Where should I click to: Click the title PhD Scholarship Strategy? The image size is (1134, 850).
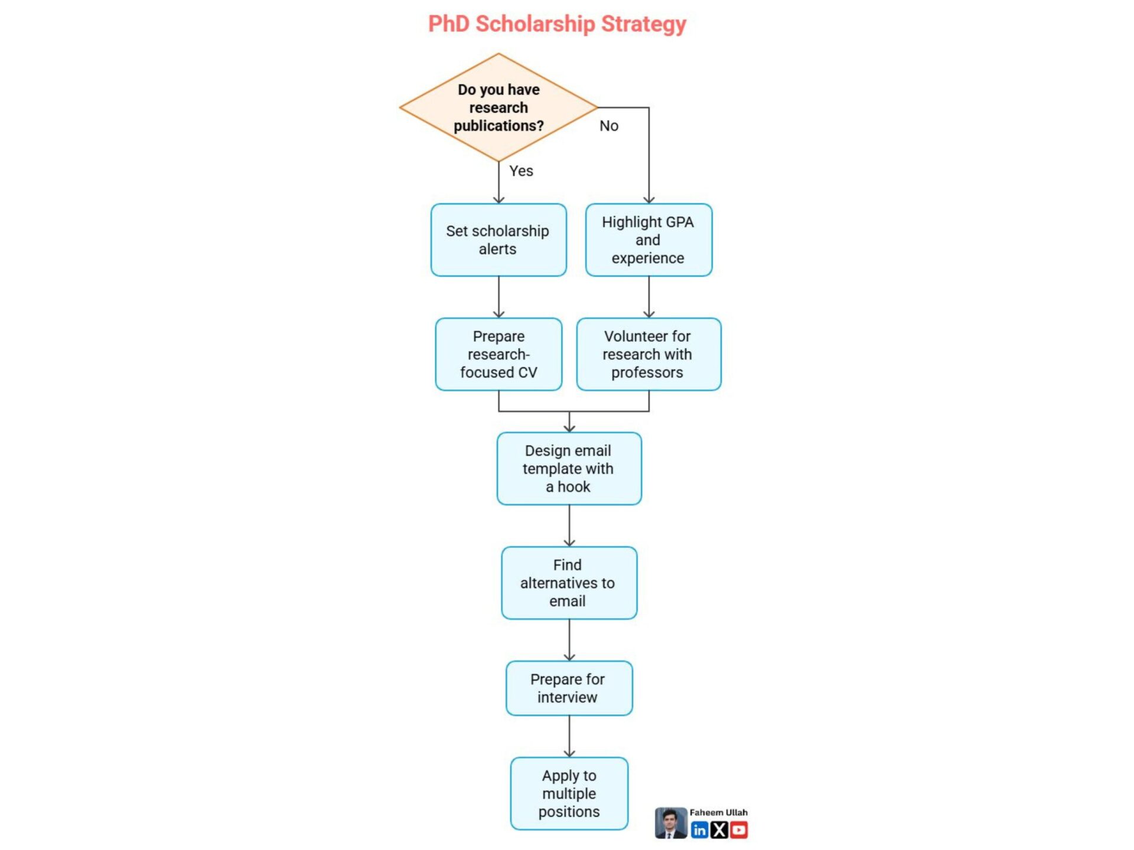(x=557, y=24)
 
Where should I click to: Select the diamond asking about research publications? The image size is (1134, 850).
(x=498, y=107)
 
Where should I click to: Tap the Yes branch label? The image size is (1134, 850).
(x=521, y=171)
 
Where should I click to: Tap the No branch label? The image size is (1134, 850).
(x=608, y=126)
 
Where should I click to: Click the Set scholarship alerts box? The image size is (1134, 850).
(x=498, y=240)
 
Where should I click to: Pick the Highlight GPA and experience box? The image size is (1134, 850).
(x=649, y=240)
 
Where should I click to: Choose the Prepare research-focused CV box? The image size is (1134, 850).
(x=498, y=354)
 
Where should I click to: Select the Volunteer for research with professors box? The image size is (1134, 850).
(x=649, y=354)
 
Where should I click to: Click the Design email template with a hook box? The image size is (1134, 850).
(x=569, y=469)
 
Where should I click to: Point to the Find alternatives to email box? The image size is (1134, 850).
(x=569, y=583)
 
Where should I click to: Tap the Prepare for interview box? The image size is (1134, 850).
(x=569, y=688)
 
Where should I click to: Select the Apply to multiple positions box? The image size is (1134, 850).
(x=569, y=793)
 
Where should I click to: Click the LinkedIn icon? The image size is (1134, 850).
(x=699, y=831)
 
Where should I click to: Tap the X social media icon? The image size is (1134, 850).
(x=719, y=831)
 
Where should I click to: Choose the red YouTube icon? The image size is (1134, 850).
(x=738, y=831)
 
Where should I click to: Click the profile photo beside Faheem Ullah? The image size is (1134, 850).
(x=671, y=823)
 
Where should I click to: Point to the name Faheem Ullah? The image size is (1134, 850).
(x=718, y=813)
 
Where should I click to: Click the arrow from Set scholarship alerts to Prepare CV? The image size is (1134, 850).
(x=498, y=297)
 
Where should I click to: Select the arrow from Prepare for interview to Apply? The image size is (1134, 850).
(x=569, y=736)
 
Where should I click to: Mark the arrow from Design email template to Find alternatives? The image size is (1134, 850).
(x=569, y=525)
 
